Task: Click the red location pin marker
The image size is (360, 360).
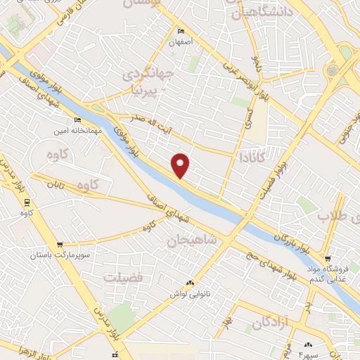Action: (x=181, y=165)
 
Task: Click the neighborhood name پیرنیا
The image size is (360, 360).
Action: (x=146, y=90)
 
